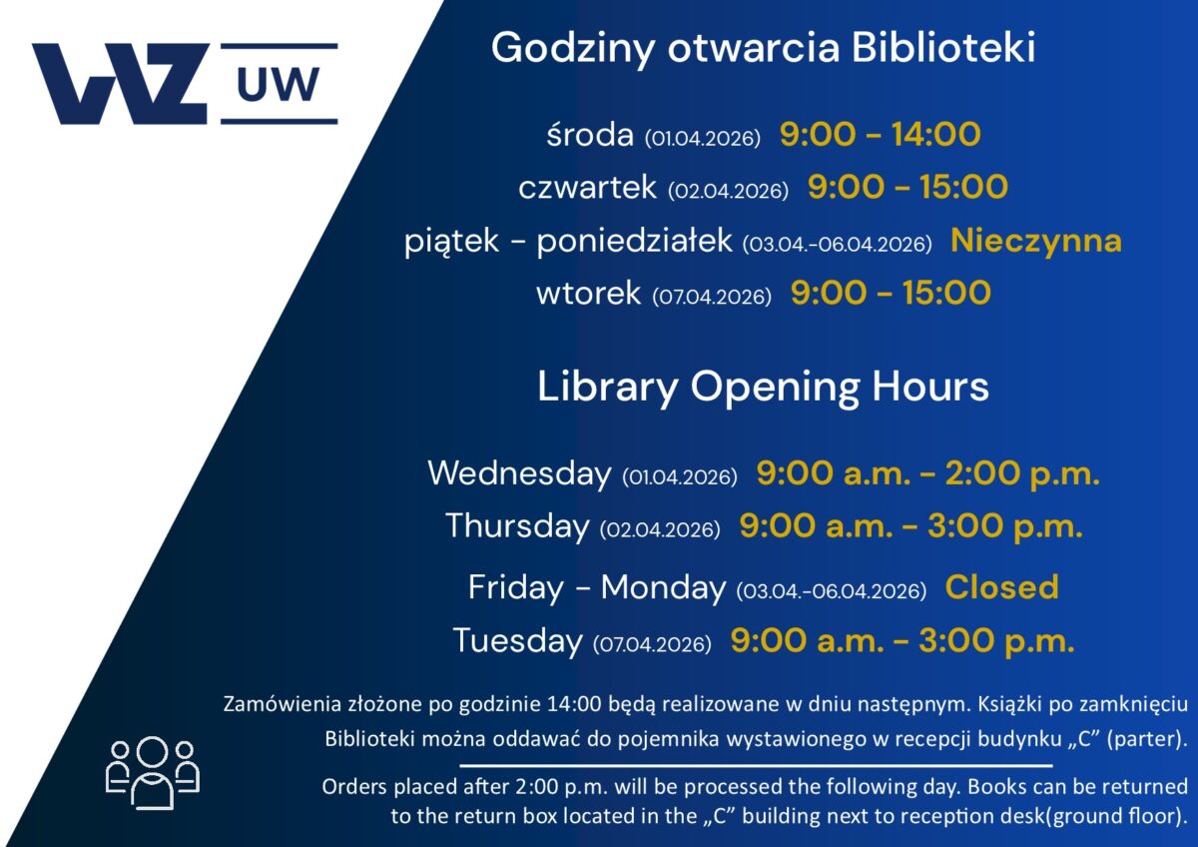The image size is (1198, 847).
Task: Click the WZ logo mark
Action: (120, 84)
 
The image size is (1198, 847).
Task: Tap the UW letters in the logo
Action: (279, 84)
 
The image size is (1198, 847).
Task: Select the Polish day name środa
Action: (590, 134)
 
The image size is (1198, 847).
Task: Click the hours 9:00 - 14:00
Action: (881, 134)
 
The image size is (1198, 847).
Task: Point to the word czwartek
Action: (587, 187)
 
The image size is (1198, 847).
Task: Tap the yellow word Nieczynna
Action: (1036, 241)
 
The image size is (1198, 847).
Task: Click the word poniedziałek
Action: (634, 241)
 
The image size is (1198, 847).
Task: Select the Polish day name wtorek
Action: (588, 293)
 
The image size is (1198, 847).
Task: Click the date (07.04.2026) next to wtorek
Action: (712, 296)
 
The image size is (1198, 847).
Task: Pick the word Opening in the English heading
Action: (775, 388)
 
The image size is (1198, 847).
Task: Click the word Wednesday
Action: (519, 473)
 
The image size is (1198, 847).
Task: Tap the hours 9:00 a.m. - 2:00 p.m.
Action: (927, 474)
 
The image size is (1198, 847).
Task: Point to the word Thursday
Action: (517, 526)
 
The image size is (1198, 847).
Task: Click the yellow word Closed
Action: (1001, 586)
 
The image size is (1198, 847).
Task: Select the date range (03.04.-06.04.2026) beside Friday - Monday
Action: (831, 590)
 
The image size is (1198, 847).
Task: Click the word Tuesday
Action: (517, 640)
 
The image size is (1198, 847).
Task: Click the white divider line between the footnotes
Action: (756, 766)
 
